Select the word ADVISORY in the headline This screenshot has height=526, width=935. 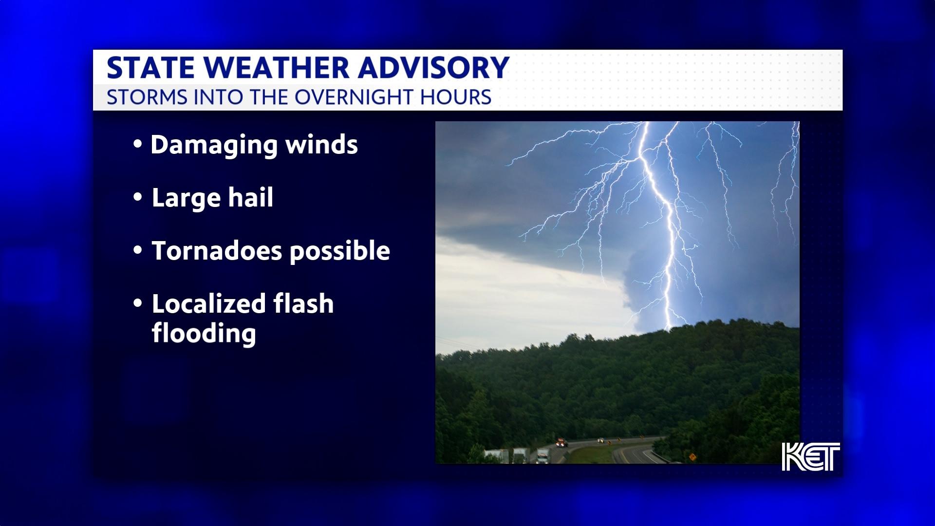tap(433, 68)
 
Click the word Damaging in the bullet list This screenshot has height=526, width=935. tap(214, 146)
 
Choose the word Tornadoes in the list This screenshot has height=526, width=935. tap(217, 251)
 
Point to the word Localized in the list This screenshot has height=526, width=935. tap(209, 303)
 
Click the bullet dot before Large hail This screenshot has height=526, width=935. tap(138, 198)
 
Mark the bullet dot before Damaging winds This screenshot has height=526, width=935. tap(138, 145)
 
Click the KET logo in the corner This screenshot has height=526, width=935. tap(811, 457)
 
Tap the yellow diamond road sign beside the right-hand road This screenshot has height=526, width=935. tap(692, 457)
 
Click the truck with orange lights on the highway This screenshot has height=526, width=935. tap(561, 443)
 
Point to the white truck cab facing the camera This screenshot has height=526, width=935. tap(542, 456)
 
